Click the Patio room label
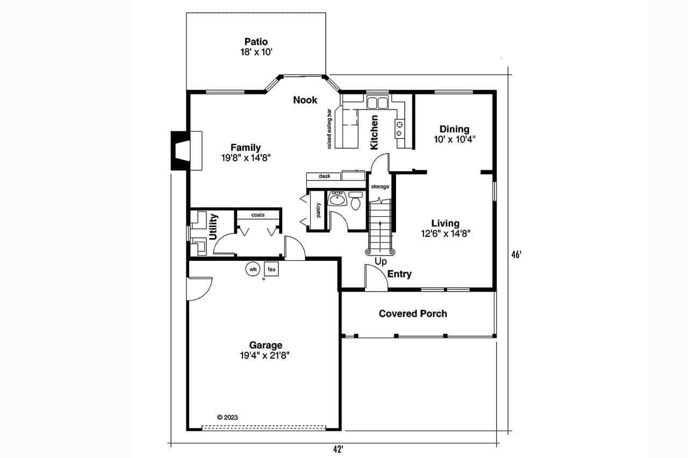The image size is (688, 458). coord(256,42)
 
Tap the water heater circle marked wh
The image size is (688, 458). coord(253,269)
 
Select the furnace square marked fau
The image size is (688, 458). coord(271,269)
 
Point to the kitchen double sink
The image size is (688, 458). coord(377,103)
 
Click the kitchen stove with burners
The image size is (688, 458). coord(400,128)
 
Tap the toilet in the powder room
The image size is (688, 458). coord(355,202)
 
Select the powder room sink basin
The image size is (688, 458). coord(338,199)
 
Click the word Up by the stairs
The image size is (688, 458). coord(381,261)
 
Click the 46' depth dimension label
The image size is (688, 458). coord(517,256)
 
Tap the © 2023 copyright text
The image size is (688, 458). coord(227,417)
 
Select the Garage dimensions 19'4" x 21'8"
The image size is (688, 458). coord(266,355)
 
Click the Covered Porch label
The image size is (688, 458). coord(413,314)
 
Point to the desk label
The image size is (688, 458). coord(324,176)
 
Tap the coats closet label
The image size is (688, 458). coord(257,215)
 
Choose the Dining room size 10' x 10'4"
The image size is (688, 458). coord(454,139)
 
